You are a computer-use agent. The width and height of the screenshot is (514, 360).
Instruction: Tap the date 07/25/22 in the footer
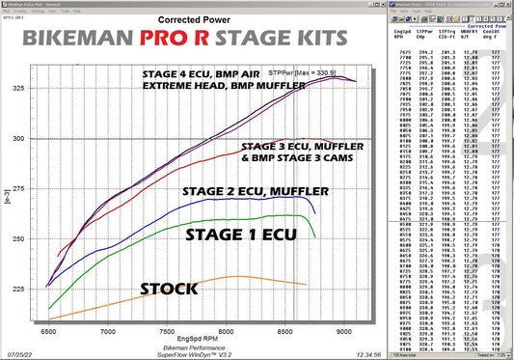[x=20, y=354]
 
